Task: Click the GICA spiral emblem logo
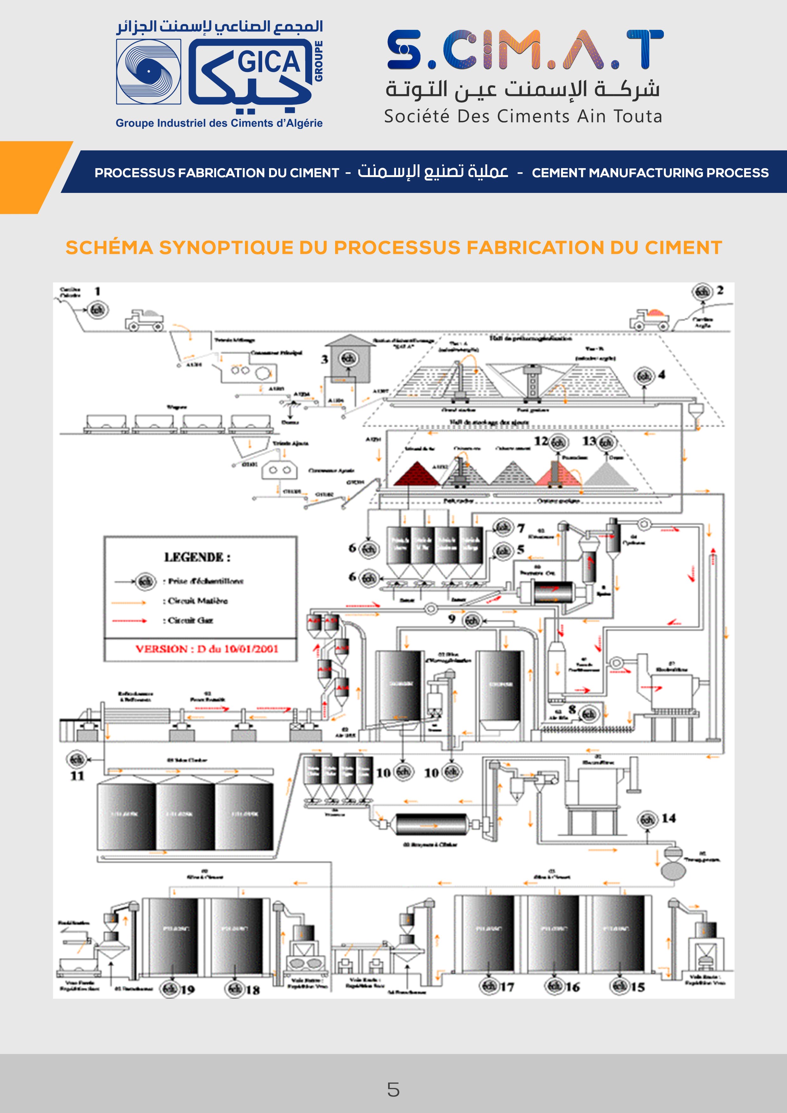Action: click(x=149, y=72)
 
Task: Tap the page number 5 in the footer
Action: click(x=393, y=1089)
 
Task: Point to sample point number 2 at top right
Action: click(x=703, y=291)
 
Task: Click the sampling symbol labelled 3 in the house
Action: click(x=348, y=359)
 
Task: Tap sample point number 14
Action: click(x=648, y=819)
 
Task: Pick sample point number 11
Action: click(x=76, y=759)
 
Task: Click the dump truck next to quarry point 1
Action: click(x=144, y=320)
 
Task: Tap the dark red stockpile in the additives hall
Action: click(x=416, y=474)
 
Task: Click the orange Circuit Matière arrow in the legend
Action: click(x=129, y=603)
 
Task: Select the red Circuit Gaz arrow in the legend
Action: click(x=129, y=621)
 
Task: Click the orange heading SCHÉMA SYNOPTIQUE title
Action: click(x=393, y=248)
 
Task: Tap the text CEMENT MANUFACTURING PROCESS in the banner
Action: click(x=650, y=173)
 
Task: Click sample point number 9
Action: click(x=471, y=621)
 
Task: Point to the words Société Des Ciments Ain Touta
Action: click(x=523, y=117)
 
